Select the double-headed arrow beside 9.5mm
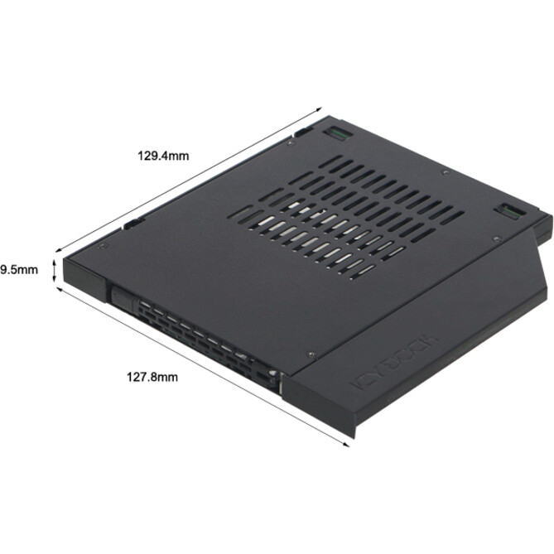(x=55, y=270)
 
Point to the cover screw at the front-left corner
(x=99, y=247)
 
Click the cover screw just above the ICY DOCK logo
(x=307, y=349)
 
